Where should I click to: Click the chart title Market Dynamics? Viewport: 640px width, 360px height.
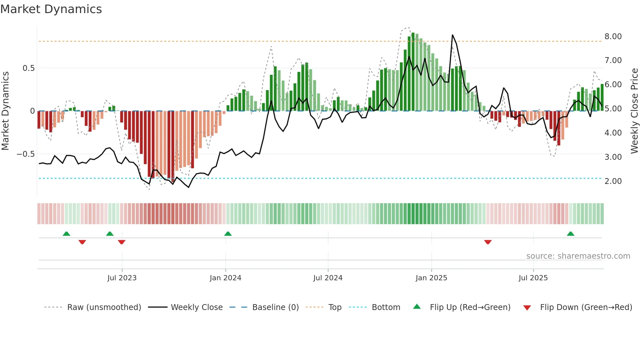(x=51, y=9)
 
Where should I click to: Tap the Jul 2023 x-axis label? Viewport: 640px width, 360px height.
(x=122, y=278)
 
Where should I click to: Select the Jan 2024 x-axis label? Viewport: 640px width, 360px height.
(x=225, y=278)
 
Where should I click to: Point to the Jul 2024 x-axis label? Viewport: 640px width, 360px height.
(x=328, y=278)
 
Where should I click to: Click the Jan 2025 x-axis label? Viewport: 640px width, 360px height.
(x=431, y=278)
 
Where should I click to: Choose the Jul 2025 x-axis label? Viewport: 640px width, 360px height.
(x=533, y=278)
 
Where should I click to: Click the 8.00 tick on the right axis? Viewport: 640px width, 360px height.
(x=613, y=36)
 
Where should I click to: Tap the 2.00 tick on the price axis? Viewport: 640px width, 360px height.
(x=613, y=181)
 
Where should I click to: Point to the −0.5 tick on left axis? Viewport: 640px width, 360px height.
(x=26, y=154)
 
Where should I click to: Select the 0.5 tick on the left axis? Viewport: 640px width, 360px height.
(x=28, y=68)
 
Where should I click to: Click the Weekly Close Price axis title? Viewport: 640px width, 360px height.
(x=634, y=111)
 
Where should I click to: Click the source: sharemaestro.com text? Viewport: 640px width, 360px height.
(x=578, y=256)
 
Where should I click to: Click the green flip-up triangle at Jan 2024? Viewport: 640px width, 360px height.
(x=228, y=234)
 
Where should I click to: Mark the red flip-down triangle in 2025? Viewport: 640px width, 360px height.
(x=488, y=242)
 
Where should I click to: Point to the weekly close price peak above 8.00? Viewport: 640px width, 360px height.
(x=452, y=35)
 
